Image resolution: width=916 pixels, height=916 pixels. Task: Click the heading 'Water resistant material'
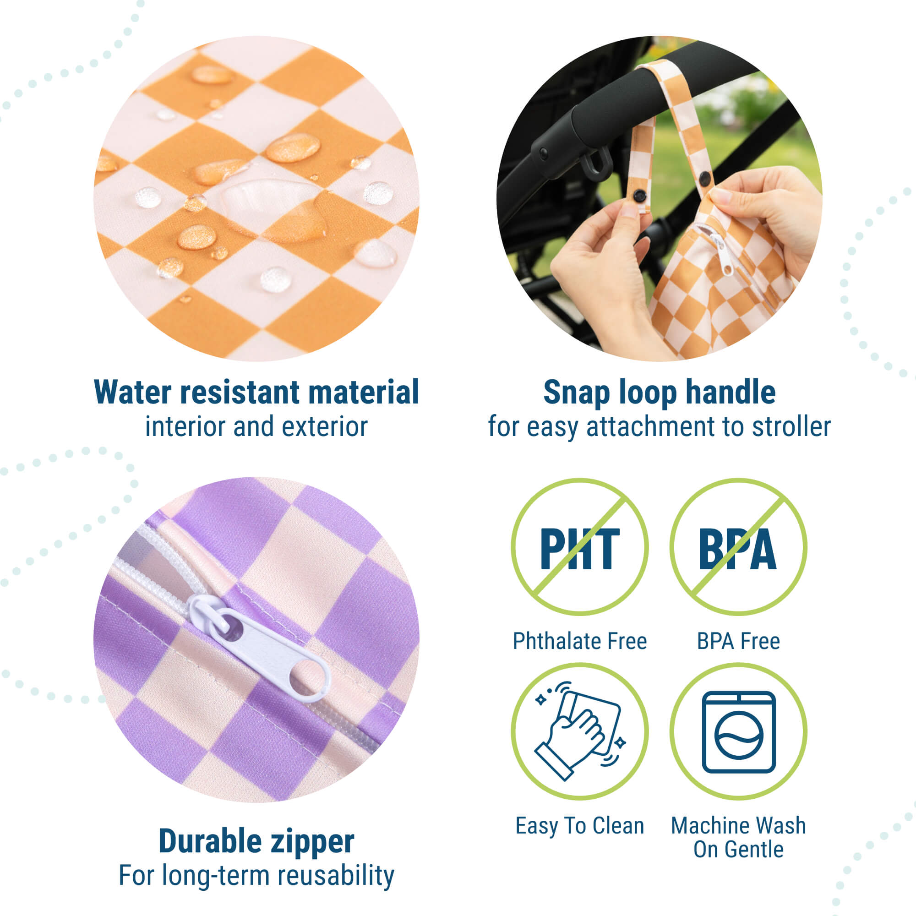click(256, 392)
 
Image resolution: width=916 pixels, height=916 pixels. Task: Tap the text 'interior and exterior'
click(256, 426)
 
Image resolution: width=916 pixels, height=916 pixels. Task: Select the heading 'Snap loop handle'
click(659, 393)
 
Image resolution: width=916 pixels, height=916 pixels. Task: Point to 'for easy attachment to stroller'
click(659, 427)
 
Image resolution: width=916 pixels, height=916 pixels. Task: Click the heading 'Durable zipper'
click(256, 841)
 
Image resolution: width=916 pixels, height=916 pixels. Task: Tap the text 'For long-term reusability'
click(256, 876)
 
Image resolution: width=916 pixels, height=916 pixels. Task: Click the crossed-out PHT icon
click(579, 547)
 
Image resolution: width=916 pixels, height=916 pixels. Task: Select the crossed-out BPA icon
click(738, 547)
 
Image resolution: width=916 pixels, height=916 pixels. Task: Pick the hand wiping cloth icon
click(579, 731)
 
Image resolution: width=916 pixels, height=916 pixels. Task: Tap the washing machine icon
click(738, 731)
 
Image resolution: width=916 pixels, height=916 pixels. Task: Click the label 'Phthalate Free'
click(579, 642)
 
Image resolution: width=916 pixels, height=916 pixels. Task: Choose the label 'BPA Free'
click(738, 642)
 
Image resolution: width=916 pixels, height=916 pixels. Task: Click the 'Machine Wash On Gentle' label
click(738, 838)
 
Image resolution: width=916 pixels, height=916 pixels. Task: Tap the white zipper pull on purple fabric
click(266, 645)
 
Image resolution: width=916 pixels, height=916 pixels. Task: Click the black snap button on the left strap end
click(639, 195)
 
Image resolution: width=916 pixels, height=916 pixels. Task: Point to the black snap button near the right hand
click(705, 179)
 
